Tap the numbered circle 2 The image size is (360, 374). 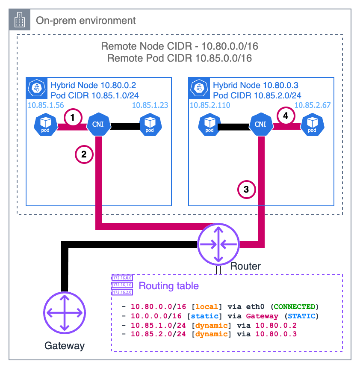84,154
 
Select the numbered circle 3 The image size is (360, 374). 247,189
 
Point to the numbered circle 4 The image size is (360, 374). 286,116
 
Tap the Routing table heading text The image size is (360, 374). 169,285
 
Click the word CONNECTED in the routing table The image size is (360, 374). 295,307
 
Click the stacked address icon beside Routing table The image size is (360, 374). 122,285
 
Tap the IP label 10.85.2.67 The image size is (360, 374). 312,105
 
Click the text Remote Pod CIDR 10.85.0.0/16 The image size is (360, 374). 180,58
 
